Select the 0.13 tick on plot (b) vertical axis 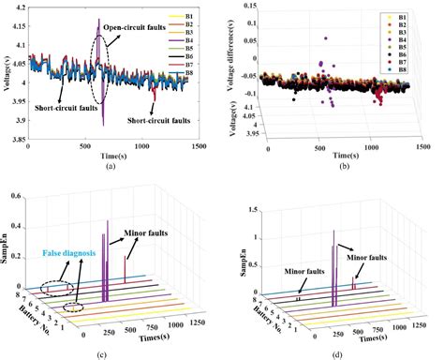247,6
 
